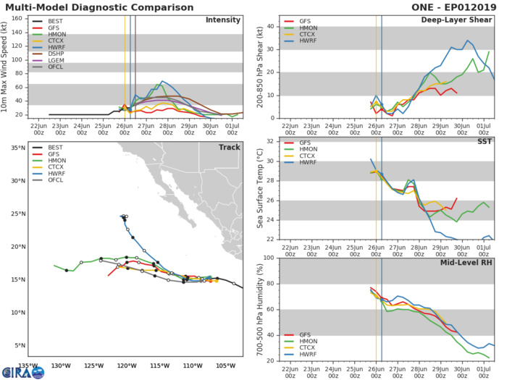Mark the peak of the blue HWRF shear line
467,41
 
